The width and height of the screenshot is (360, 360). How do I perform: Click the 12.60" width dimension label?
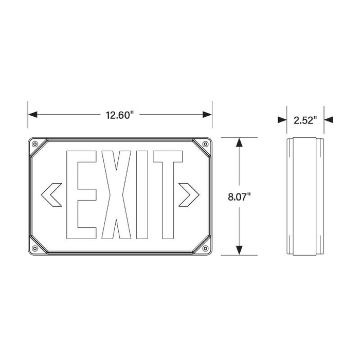(x=120, y=114)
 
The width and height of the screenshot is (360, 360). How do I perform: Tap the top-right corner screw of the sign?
(x=205, y=144)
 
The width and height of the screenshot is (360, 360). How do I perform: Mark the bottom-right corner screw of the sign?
(x=205, y=248)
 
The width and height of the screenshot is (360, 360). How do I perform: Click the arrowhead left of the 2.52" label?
(x=282, y=120)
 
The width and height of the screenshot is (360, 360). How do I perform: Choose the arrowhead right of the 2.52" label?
(x=329, y=120)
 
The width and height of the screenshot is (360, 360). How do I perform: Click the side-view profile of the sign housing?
(x=305, y=196)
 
